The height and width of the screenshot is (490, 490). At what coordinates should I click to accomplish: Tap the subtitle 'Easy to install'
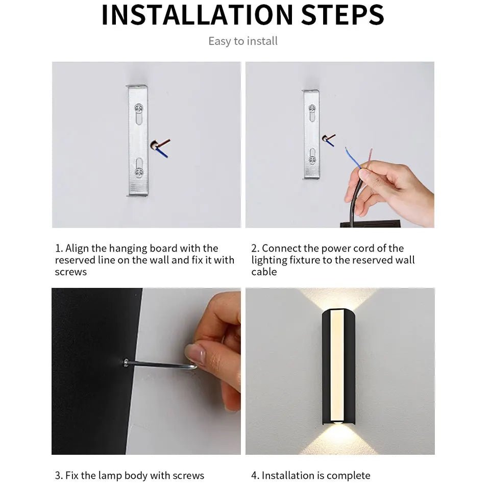[243, 41]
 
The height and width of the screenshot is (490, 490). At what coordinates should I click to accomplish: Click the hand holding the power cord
[393, 189]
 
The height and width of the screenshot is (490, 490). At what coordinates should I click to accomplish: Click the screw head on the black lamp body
[125, 362]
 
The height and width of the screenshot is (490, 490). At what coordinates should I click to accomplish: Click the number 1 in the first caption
[58, 249]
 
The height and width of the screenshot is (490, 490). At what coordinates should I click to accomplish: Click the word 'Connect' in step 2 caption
[282, 249]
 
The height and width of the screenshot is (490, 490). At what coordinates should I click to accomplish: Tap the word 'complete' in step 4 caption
[349, 476]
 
